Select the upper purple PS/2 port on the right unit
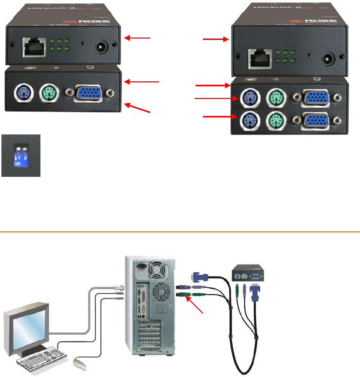click(249, 97)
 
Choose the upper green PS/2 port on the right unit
click(275, 97)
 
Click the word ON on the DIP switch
click(18, 164)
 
